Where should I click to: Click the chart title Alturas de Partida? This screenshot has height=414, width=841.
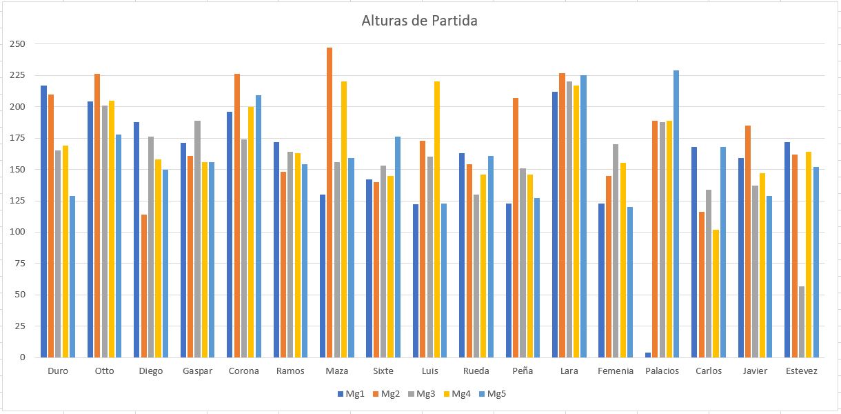click(x=419, y=21)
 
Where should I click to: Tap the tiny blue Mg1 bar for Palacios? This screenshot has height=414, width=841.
click(x=648, y=355)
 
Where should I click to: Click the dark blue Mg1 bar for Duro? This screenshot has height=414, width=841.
click(x=43, y=221)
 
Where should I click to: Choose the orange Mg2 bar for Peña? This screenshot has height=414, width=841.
click(x=516, y=228)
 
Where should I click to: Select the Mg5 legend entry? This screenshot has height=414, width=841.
click(x=492, y=394)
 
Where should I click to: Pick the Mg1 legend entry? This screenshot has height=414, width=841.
click(x=351, y=394)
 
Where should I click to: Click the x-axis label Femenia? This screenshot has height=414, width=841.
click(x=616, y=371)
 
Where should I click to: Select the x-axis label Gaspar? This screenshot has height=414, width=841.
click(x=197, y=371)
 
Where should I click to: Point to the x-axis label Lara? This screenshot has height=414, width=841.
click(x=569, y=371)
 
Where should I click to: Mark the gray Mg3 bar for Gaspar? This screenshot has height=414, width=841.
click(x=197, y=239)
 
